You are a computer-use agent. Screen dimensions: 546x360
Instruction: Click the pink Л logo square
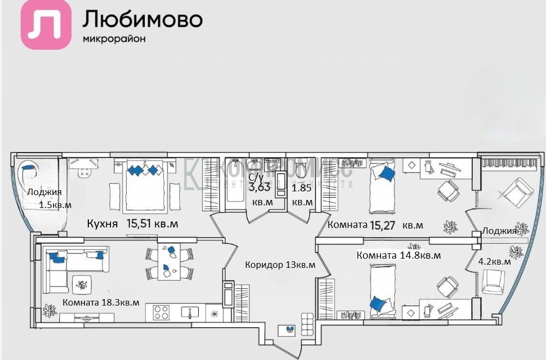46,25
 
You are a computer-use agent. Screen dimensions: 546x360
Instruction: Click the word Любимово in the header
142,19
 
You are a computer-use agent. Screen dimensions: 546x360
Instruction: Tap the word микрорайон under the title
114,39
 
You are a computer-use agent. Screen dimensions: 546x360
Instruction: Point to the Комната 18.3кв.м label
101,302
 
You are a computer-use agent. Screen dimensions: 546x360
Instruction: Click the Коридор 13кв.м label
280,265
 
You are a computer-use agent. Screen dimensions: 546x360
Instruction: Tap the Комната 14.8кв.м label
398,255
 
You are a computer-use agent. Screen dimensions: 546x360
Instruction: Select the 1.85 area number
302,189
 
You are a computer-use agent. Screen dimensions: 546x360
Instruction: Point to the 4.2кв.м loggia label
495,261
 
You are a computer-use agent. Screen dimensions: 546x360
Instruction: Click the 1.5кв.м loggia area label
55,205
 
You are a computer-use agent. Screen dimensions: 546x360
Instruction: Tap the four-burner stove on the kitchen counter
161,313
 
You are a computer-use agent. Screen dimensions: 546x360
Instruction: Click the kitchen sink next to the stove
190,312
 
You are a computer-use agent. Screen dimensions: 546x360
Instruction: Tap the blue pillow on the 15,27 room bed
386,172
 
